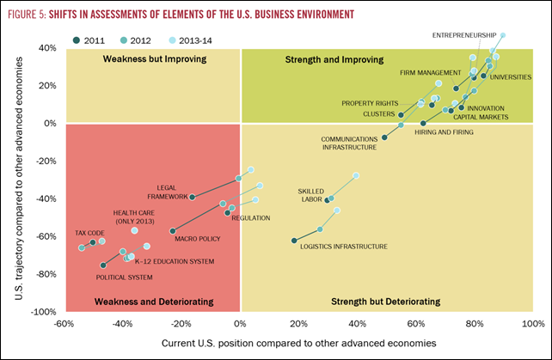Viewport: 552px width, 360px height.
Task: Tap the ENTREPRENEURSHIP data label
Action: coord(464,35)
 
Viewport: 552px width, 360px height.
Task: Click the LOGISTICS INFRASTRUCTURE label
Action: coord(343,247)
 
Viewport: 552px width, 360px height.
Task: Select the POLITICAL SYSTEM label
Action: coord(124,278)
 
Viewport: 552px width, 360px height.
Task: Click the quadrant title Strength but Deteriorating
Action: coord(385,302)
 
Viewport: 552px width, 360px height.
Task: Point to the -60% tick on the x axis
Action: coord(63,324)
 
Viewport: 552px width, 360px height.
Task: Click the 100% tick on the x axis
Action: coord(531,324)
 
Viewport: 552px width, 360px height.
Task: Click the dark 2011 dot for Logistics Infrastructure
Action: coord(294,241)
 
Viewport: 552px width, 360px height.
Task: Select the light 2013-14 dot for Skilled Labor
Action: coord(356,175)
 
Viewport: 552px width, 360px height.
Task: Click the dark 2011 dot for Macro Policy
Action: coord(173,231)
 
